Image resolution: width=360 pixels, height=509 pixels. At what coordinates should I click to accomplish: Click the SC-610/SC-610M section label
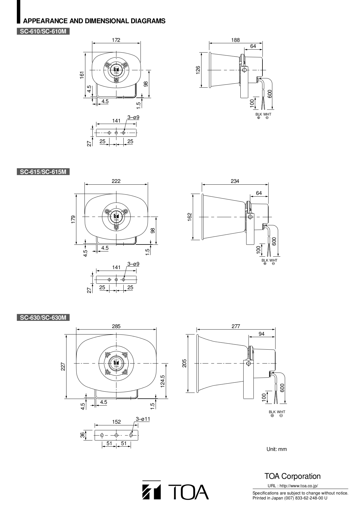click(x=43, y=31)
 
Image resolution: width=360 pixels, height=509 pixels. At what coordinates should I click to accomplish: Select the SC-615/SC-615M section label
click(x=43, y=172)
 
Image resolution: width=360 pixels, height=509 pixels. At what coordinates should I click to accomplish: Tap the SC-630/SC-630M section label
click(x=43, y=318)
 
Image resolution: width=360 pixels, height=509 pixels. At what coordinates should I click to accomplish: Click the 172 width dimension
click(x=116, y=40)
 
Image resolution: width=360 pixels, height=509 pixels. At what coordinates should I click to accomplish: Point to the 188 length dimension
click(x=235, y=40)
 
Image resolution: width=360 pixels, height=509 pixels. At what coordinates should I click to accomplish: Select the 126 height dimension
click(x=198, y=70)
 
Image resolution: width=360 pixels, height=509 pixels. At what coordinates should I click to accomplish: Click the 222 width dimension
click(x=116, y=181)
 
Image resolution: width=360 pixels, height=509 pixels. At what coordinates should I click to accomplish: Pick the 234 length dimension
click(x=235, y=181)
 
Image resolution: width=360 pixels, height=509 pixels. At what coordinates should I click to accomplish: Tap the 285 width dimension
click(x=116, y=326)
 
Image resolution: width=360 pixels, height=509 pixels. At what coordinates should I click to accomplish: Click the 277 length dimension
click(x=236, y=326)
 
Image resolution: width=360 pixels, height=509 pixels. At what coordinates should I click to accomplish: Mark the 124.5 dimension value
click(x=162, y=381)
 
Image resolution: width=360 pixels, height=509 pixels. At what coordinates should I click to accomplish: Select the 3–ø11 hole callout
click(x=143, y=419)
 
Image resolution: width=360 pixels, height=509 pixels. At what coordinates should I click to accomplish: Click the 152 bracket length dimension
click(x=116, y=422)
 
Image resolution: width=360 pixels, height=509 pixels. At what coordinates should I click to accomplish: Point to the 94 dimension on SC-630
click(x=262, y=334)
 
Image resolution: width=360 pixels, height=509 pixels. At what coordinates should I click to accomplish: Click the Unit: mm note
click(x=276, y=449)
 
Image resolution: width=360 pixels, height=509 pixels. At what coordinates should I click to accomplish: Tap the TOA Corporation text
click(x=292, y=476)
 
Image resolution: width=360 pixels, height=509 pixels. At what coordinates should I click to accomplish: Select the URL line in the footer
click(x=293, y=486)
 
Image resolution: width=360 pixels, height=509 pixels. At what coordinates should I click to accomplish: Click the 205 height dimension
click(x=184, y=363)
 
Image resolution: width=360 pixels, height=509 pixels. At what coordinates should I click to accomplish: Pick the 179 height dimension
click(x=73, y=219)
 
